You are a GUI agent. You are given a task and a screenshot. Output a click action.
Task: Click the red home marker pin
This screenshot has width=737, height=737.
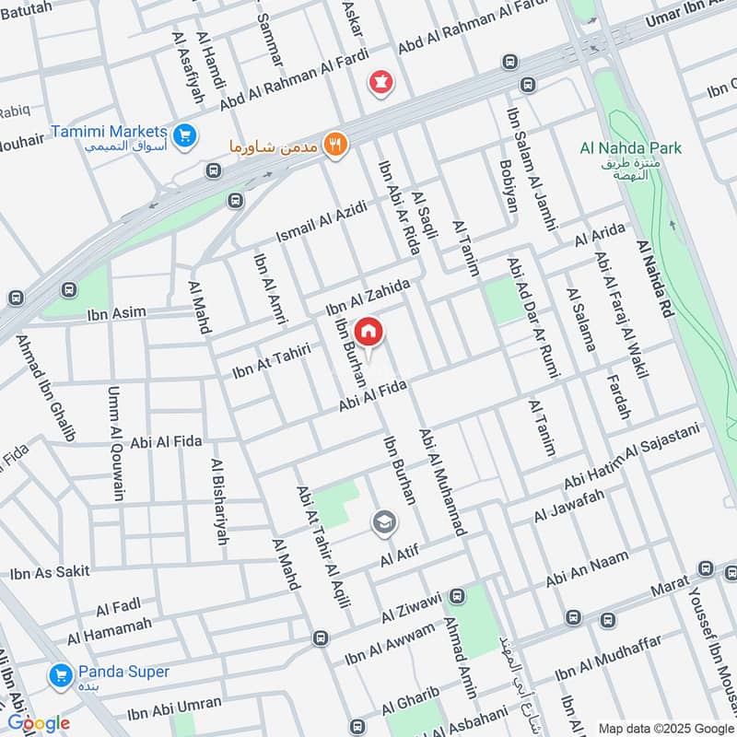click(368, 332)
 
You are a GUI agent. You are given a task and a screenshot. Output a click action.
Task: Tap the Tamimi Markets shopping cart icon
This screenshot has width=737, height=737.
click(184, 135)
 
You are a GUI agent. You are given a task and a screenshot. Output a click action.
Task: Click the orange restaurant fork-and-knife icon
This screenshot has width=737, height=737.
click(336, 145)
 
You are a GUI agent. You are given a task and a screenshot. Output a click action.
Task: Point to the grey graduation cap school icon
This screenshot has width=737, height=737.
click(383, 523)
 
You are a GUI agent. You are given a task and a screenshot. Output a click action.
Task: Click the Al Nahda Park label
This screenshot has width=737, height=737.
click(631, 147)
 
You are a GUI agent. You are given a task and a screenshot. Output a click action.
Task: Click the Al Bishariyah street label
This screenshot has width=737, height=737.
click(219, 502)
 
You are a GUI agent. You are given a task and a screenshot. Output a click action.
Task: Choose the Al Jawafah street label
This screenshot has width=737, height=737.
click(568, 507)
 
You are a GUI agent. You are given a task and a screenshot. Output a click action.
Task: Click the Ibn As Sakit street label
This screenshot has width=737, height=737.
click(50, 572)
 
